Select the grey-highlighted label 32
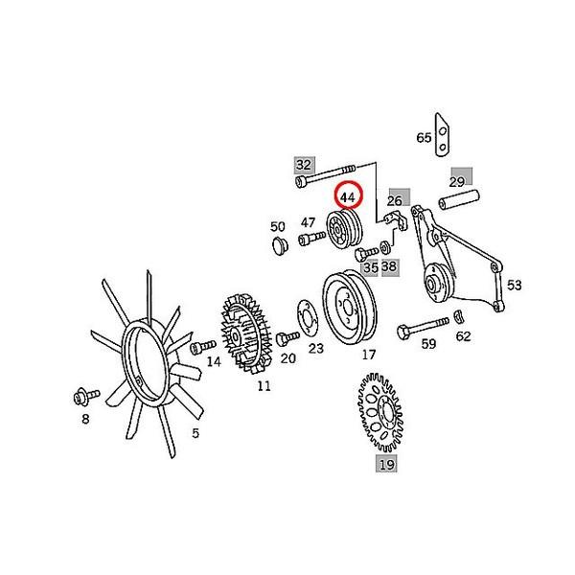point(303,164)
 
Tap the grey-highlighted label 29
point(457,181)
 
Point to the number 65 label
point(424,138)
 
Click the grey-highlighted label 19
point(386,465)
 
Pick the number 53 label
point(515,285)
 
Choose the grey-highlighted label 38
point(389,266)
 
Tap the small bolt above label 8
point(81,395)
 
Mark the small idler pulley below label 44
point(340,231)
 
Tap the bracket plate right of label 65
point(443,133)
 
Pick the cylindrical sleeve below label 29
point(458,203)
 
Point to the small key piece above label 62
point(459,316)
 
